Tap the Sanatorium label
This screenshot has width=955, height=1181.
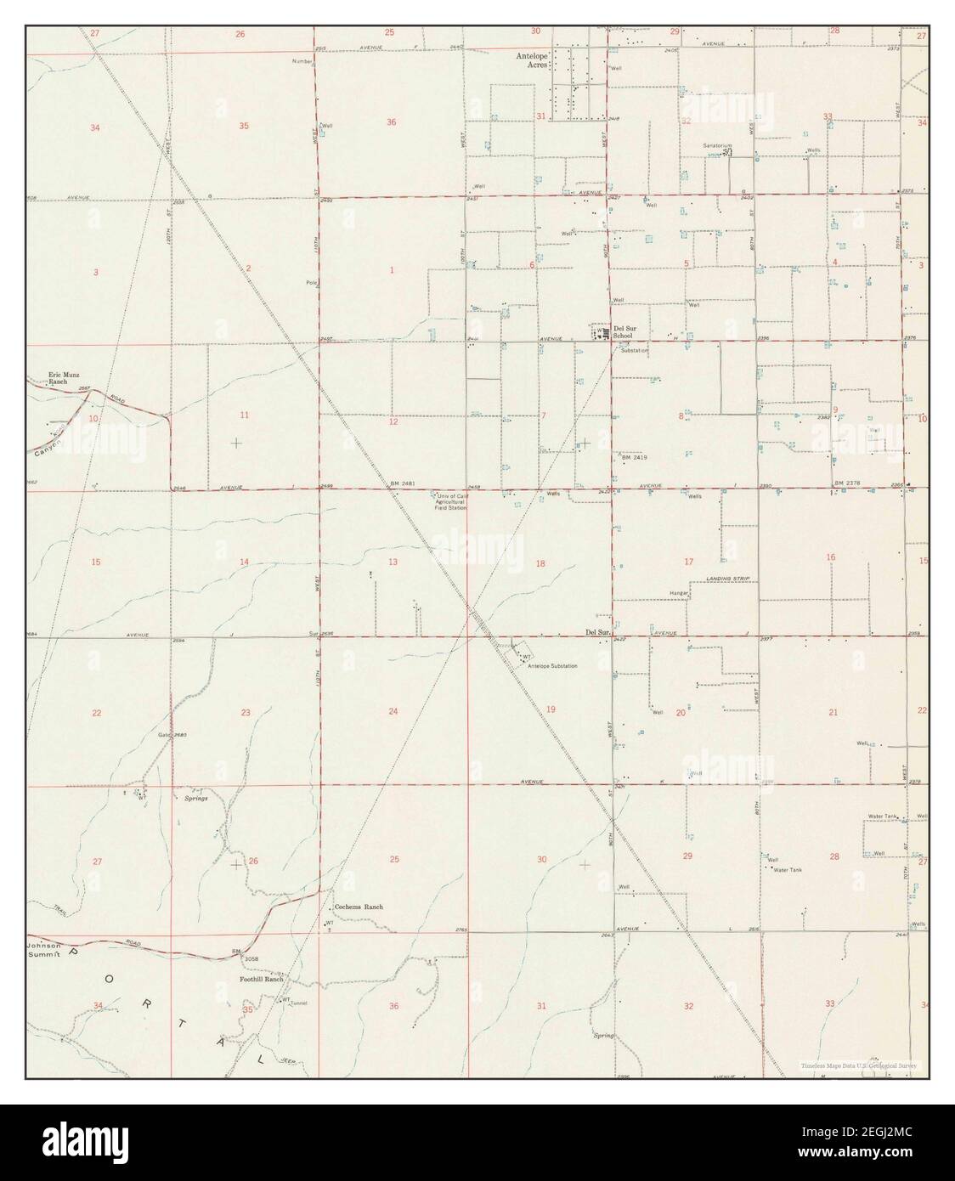click(717, 145)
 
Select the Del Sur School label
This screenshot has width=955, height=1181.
click(623, 331)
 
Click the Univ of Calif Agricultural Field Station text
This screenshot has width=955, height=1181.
click(451, 501)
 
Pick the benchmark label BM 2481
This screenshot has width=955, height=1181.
click(402, 483)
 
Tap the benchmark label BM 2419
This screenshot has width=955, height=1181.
click(635, 458)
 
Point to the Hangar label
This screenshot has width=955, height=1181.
click(678, 591)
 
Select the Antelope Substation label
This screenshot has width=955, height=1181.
click(552, 665)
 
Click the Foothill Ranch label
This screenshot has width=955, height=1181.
click(261, 979)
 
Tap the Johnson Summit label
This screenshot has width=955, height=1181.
click(44, 951)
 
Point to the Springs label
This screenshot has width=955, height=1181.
click(195, 799)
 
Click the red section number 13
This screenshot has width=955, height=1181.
click(393, 562)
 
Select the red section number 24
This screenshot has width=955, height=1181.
click(393, 711)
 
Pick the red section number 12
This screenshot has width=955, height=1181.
click(393, 421)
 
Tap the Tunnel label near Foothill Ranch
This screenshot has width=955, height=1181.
click(297, 1003)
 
